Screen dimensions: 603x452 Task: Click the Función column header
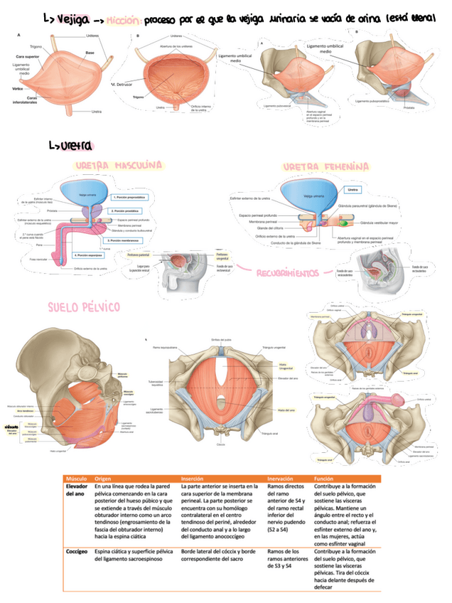click(323, 479)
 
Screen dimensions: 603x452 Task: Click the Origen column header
click(104, 479)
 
